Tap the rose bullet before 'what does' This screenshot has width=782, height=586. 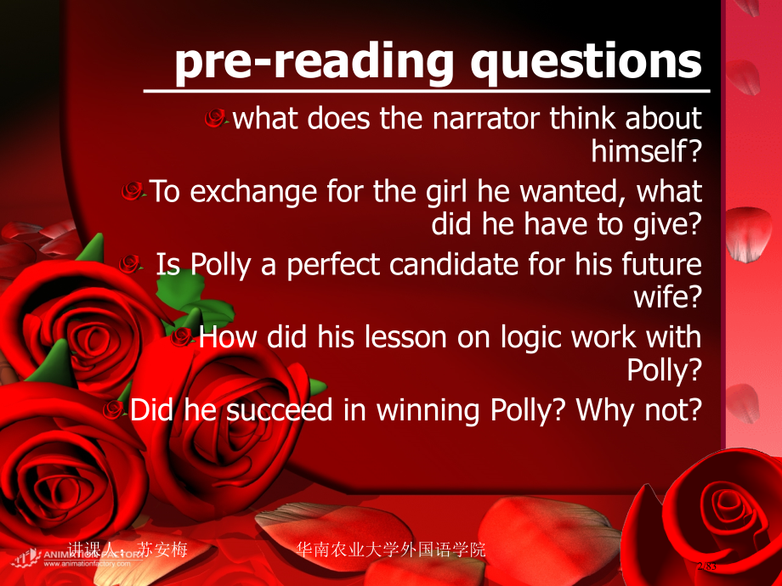point(218,120)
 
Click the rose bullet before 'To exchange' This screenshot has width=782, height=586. point(133,192)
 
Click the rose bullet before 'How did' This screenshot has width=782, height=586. point(181,338)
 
